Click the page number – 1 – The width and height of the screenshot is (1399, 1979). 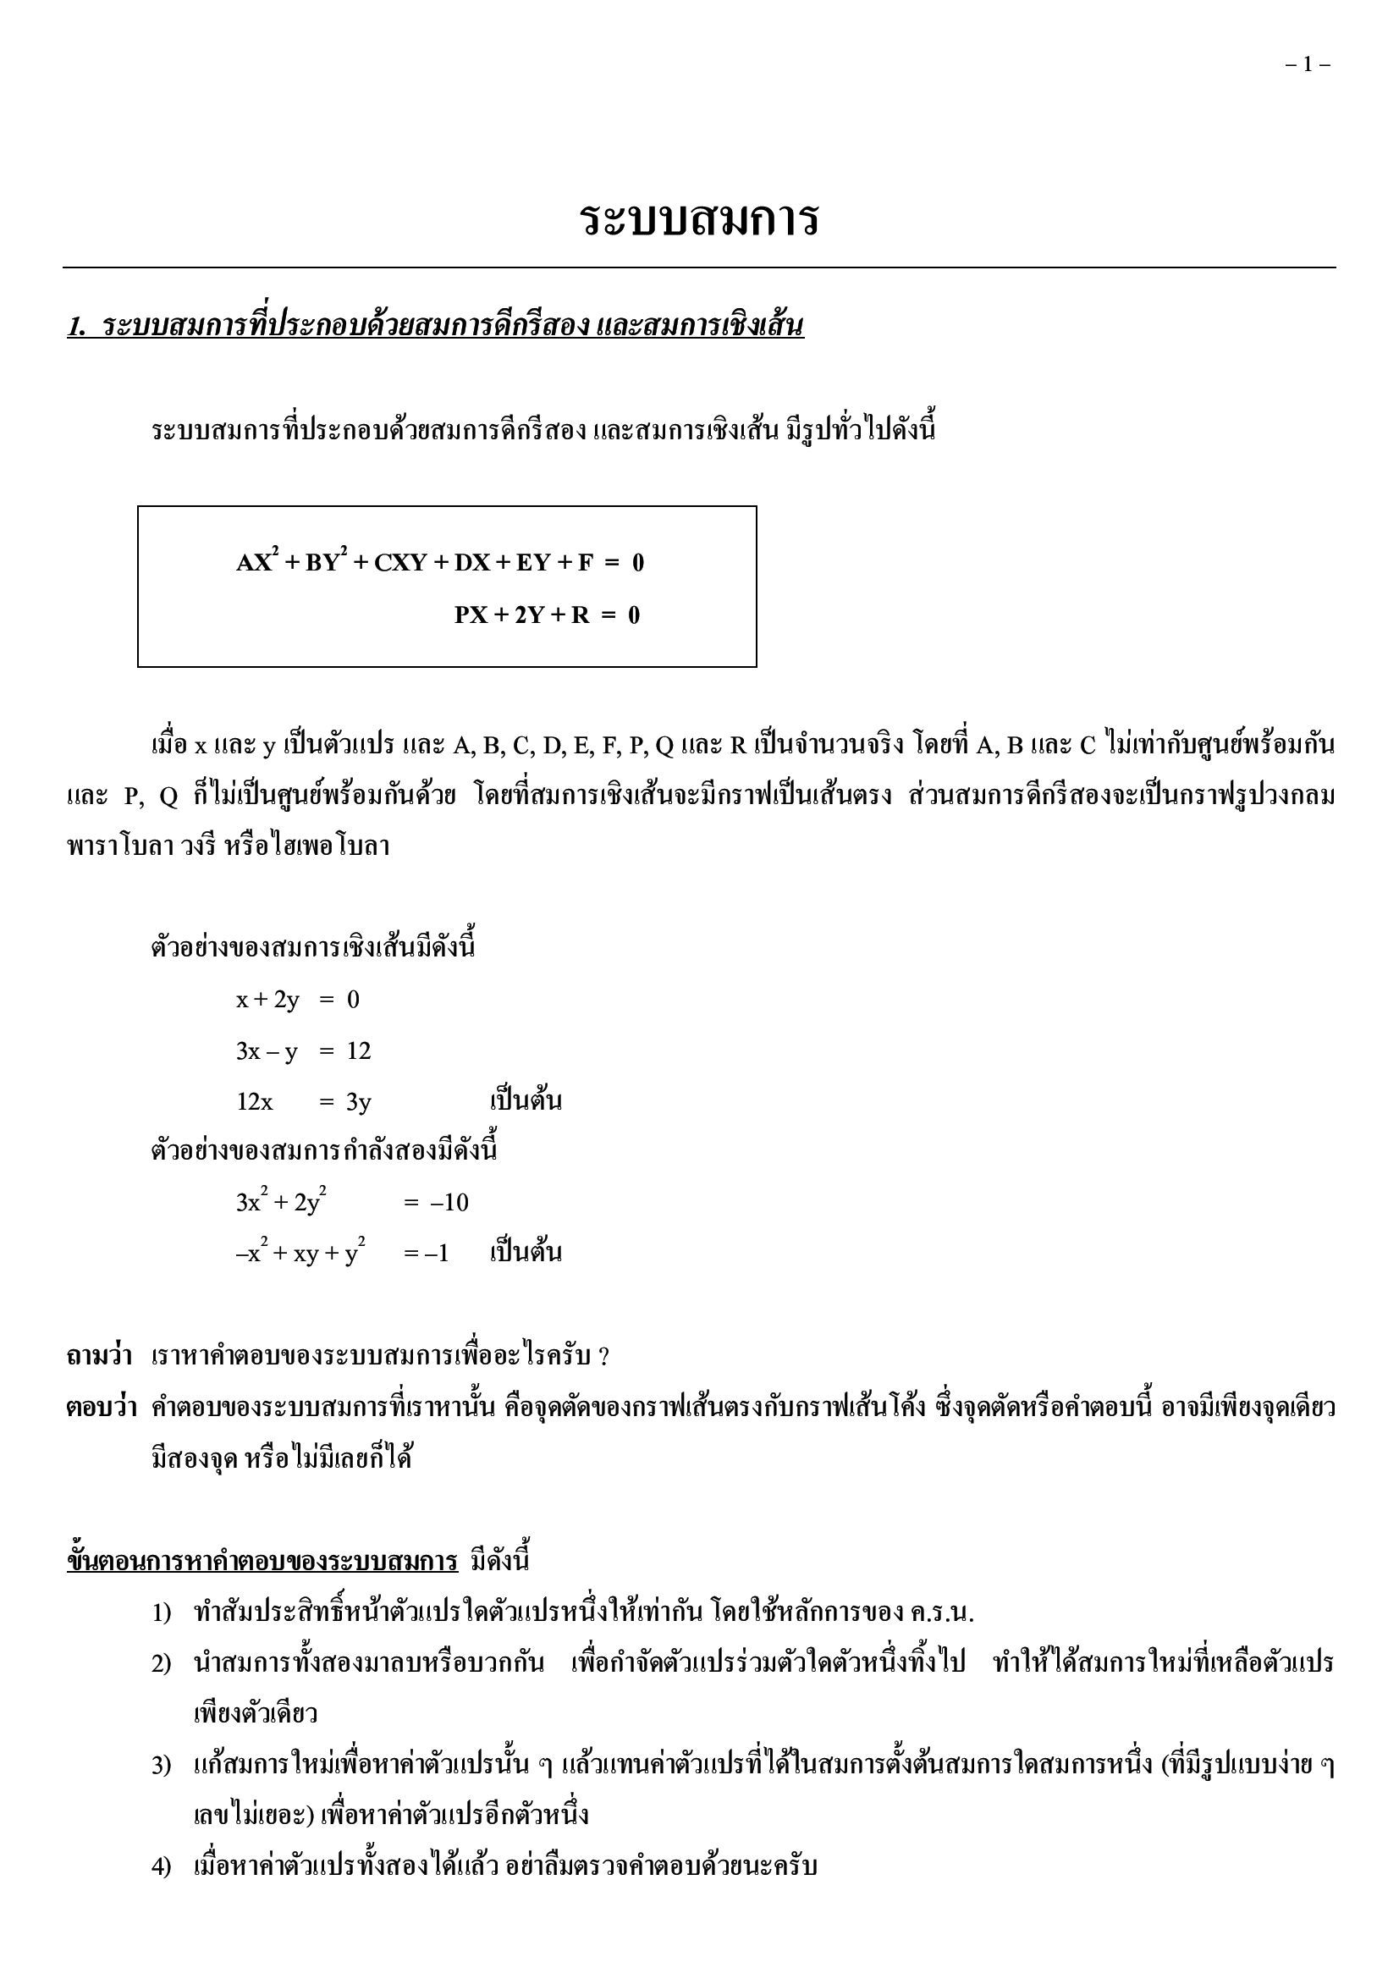(x=1307, y=64)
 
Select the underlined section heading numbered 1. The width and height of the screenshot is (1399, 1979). (x=435, y=327)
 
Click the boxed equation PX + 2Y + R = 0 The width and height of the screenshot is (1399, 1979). (x=548, y=615)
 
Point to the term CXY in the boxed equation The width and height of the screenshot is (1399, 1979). (x=400, y=564)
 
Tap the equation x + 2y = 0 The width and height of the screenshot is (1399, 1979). (x=297, y=1000)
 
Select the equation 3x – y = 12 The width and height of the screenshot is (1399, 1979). (x=304, y=1050)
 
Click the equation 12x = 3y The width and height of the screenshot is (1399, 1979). (x=304, y=1101)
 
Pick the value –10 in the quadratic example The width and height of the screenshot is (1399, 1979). (x=449, y=1204)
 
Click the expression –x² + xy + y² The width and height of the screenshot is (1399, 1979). (x=300, y=1254)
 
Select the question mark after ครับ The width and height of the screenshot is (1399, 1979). (x=603, y=1358)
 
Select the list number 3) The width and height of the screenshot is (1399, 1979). (x=162, y=1766)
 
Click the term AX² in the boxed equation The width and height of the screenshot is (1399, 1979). (x=256, y=563)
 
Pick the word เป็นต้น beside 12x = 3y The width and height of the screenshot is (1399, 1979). (x=526, y=1101)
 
